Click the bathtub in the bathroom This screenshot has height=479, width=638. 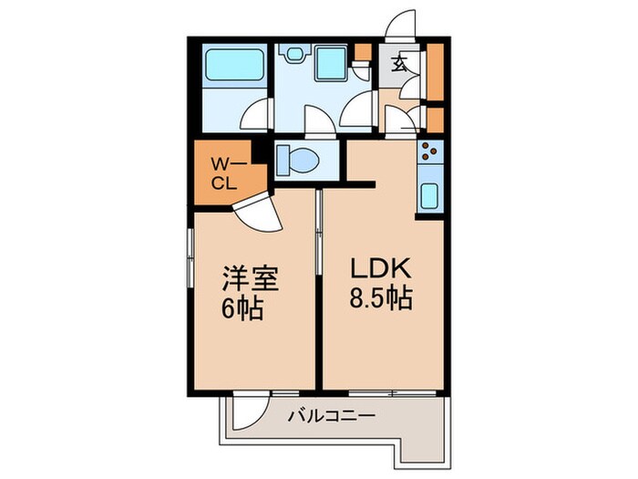point(232,66)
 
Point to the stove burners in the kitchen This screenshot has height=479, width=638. point(429,153)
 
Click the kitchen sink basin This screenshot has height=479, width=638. point(429,195)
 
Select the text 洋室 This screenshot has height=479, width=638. point(246,277)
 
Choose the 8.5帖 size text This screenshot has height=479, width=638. point(382,297)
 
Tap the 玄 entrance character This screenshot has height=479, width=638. point(400,65)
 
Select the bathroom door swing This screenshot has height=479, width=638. point(259,116)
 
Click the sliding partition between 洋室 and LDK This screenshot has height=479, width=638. point(319,237)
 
